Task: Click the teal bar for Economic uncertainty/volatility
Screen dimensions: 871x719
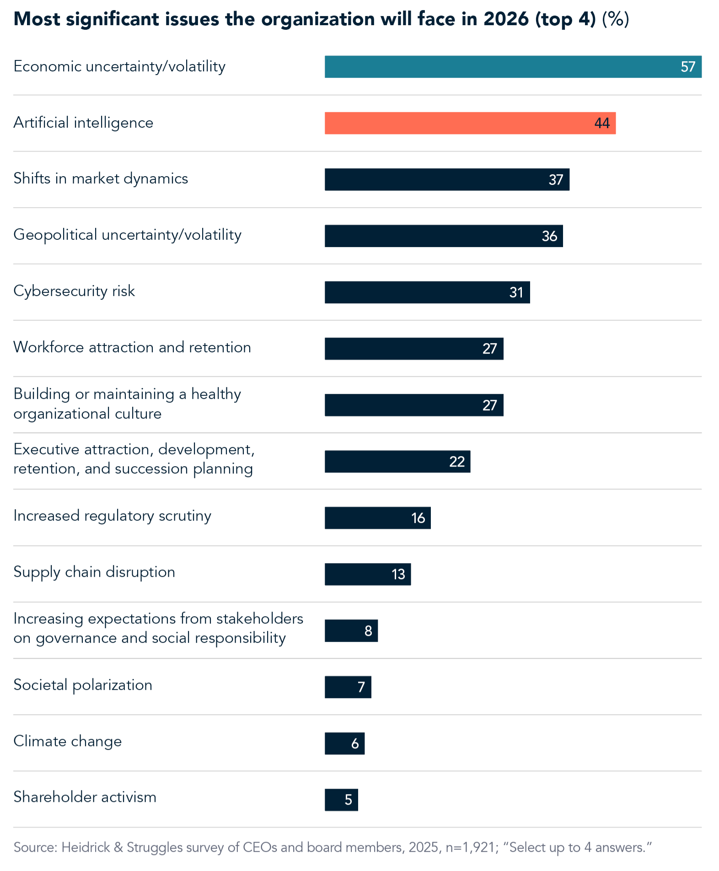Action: point(503,67)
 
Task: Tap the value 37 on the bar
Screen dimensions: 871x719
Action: point(556,180)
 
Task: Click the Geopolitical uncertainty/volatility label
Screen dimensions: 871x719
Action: point(127,235)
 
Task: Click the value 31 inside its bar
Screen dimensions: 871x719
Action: point(516,293)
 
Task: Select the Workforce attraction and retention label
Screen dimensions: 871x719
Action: point(132,347)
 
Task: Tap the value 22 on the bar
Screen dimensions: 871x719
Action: point(456,462)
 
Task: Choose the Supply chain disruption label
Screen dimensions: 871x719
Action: point(94,572)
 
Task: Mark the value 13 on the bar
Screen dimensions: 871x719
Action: point(398,575)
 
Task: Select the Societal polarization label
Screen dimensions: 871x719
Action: point(83,685)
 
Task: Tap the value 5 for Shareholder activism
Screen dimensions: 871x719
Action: point(348,800)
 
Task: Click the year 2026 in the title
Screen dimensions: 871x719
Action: point(506,19)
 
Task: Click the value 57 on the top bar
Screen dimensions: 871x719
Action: point(687,67)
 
